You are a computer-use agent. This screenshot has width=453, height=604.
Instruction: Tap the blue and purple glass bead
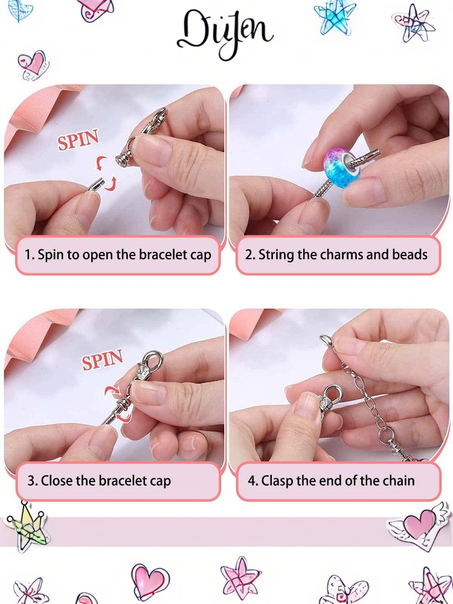click(x=342, y=168)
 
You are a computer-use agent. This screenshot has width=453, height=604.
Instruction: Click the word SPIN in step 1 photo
click(x=78, y=140)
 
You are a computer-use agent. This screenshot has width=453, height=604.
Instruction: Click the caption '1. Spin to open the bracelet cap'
click(x=118, y=255)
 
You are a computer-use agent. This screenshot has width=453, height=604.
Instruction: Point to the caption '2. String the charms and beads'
click(x=336, y=255)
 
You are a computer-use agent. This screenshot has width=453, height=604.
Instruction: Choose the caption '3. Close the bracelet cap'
click(x=99, y=481)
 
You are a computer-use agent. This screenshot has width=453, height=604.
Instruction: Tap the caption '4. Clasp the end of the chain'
click(x=331, y=481)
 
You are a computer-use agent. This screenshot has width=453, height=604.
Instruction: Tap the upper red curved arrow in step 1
click(x=101, y=163)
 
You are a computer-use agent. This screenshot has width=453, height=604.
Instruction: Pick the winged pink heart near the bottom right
click(x=419, y=526)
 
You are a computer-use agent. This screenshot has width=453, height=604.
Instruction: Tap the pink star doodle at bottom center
click(x=240, y=578)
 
